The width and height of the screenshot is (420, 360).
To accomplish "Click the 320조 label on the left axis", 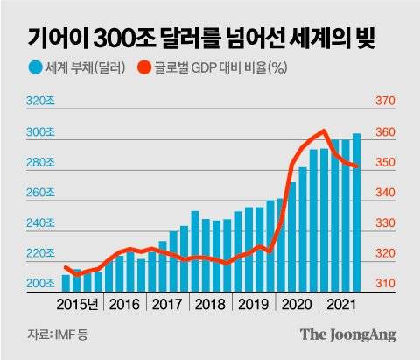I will pos(41,102).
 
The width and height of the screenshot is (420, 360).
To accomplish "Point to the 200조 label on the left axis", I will pos(41,285).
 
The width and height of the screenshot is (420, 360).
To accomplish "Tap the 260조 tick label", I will pos(41,193).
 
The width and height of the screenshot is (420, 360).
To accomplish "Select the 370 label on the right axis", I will pos(386,102).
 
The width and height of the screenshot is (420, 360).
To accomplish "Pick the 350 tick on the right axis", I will pos(386,163).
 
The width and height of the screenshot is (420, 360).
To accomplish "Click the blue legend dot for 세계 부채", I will pos(35,67).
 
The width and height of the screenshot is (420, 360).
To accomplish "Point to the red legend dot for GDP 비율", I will pos(146,67).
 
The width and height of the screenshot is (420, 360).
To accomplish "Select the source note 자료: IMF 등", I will pos(52,334).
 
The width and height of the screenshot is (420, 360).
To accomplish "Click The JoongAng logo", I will pos(347,334).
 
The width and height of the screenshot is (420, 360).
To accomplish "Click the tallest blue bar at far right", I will pos(356,210).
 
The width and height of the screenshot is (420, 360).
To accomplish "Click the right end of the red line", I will pos(357,166).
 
